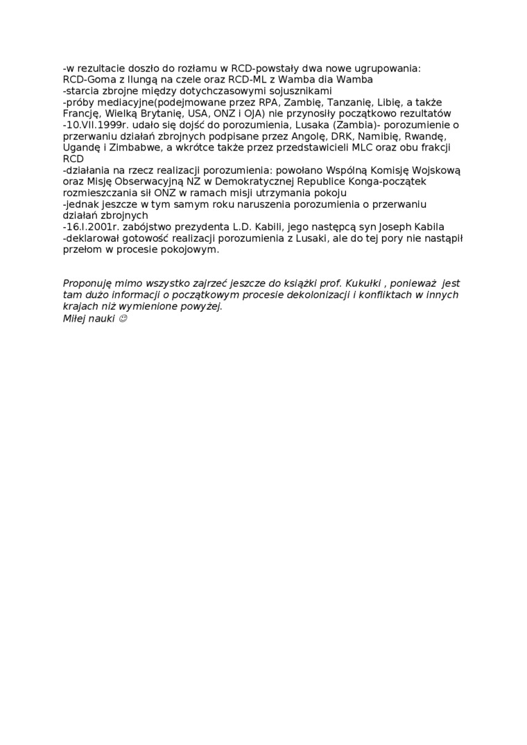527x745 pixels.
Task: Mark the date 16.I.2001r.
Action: (x=93, y=227)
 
